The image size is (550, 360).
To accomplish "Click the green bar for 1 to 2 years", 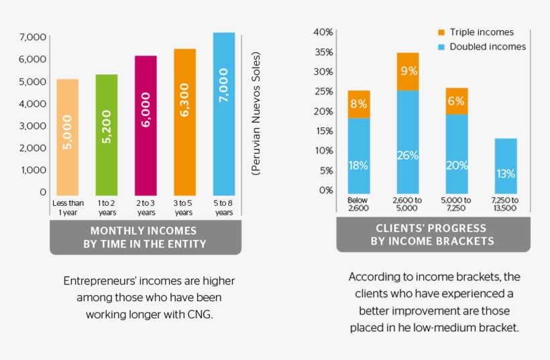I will click(107, 134).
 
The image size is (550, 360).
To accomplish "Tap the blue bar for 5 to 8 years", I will click(224, 114).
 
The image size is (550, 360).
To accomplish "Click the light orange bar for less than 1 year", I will click(67, 137).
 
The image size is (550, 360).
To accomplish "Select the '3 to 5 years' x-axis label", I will click(184, 208).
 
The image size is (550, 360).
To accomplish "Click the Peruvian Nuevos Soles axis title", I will click(256, 114).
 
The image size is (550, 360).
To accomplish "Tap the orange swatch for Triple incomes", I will click(441, 32).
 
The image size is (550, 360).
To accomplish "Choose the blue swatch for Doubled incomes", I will click(441, 47).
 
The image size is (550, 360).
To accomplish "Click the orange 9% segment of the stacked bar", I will click(407, 71).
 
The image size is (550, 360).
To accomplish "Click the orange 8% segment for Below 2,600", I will click(359, 104).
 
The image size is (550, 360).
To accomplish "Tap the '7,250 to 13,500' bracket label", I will click(505, 204).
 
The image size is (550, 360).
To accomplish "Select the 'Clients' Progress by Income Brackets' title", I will click(433, 235).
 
